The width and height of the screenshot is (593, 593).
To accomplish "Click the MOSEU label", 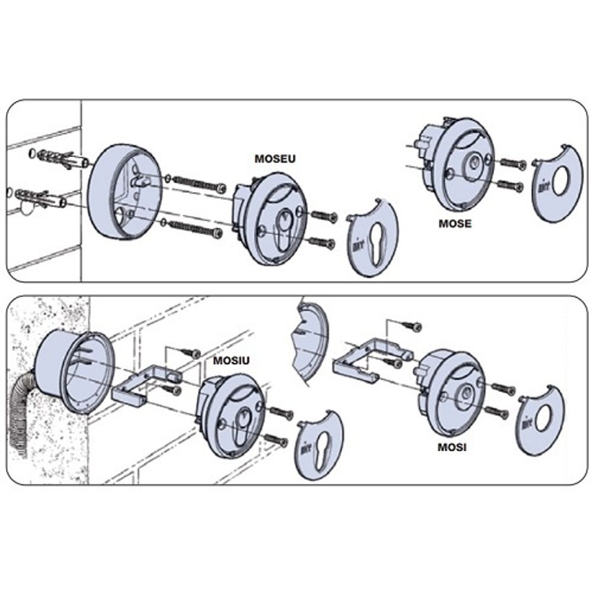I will tap(275, 159).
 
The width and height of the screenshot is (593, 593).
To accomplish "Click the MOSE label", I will tap(455, 224).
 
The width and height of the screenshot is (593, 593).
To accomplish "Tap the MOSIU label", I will tap(231, 361).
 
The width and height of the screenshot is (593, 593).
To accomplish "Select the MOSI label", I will tap(452, 447).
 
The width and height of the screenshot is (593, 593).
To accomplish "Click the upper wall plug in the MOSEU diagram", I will tap(59, 158).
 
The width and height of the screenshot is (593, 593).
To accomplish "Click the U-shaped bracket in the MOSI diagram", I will tap(368, 359).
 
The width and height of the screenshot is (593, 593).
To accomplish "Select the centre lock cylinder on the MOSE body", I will tap(473, 162).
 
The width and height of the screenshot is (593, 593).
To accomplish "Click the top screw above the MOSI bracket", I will tap(412, 326).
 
